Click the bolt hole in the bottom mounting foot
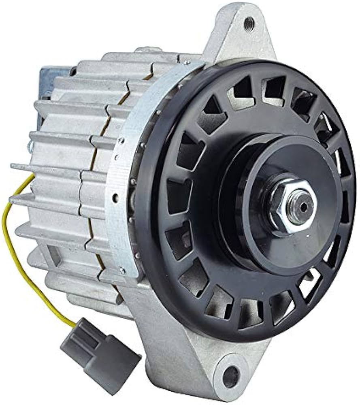230,375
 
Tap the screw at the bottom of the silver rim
121,269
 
